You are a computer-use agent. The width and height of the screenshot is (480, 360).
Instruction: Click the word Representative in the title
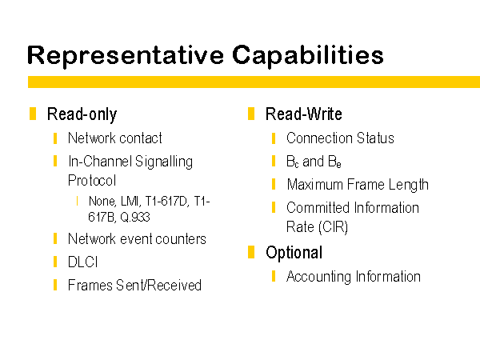click(126, 55)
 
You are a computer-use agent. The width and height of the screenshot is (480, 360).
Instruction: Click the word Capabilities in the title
click(308, 55)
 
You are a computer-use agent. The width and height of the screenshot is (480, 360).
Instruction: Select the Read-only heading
click(82, 114)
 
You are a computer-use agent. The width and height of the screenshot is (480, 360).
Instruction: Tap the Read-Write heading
click(304, 114)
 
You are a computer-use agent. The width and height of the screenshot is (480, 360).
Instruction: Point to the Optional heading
click(294, 253)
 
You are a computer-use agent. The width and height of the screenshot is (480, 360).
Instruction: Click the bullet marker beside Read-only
click(33, 114)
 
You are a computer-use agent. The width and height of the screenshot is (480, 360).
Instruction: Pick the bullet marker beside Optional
click(251, 252)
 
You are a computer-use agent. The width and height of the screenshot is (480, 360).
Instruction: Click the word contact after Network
click(141, 138)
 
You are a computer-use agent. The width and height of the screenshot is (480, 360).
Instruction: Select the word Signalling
click(164, 162)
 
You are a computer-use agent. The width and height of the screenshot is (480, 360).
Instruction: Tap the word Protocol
click(92, 180)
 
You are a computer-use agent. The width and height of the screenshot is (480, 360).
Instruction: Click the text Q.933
click(135, 218)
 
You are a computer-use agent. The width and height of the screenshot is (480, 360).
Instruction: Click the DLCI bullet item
click(82, 262)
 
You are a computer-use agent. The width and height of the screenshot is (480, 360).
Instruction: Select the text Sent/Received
click(158, 286)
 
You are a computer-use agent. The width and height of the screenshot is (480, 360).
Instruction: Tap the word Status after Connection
click(375, 138)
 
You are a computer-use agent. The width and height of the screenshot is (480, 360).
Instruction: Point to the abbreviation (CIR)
click(333, 227)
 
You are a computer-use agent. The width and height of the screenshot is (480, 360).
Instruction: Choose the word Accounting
click(319, 277)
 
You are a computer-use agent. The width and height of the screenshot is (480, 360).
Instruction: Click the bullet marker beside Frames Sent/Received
click(55, 285)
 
